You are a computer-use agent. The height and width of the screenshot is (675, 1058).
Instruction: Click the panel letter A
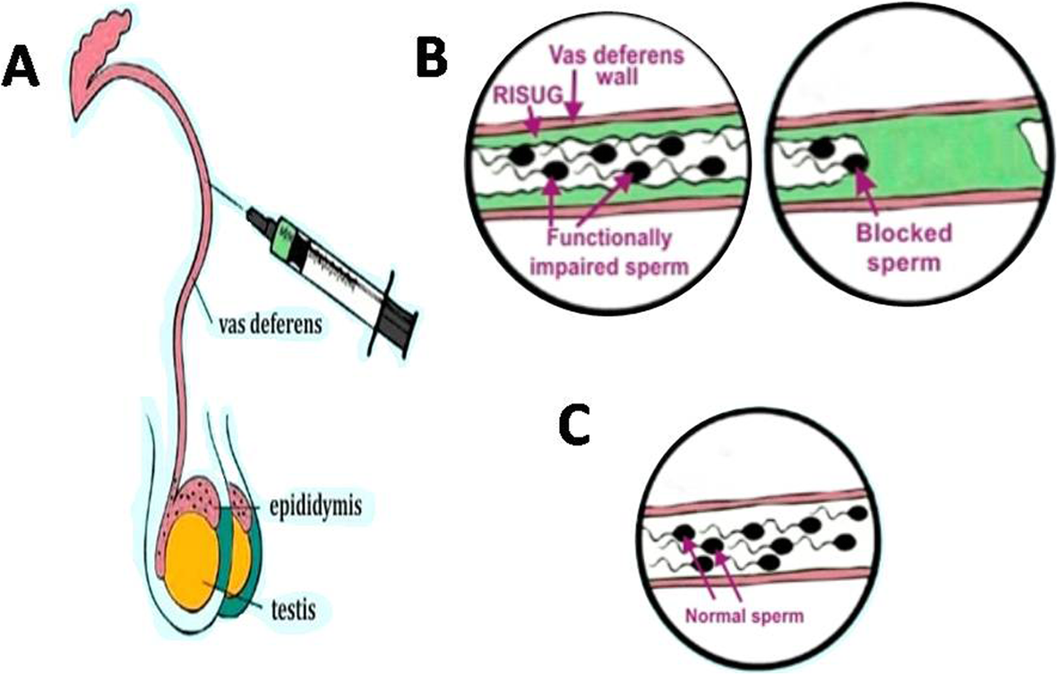[22, 69]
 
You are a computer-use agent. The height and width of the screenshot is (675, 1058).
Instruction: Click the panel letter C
[575, 426]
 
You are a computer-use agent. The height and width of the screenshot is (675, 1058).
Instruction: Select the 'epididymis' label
[315, 506]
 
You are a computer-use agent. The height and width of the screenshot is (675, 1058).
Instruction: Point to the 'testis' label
[292, 610]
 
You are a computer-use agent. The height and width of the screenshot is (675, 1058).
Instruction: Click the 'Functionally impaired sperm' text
[608, 253]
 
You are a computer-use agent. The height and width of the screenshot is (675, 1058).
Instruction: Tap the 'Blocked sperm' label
[904, 247]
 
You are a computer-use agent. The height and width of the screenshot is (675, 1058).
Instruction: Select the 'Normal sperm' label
[744, 616]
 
